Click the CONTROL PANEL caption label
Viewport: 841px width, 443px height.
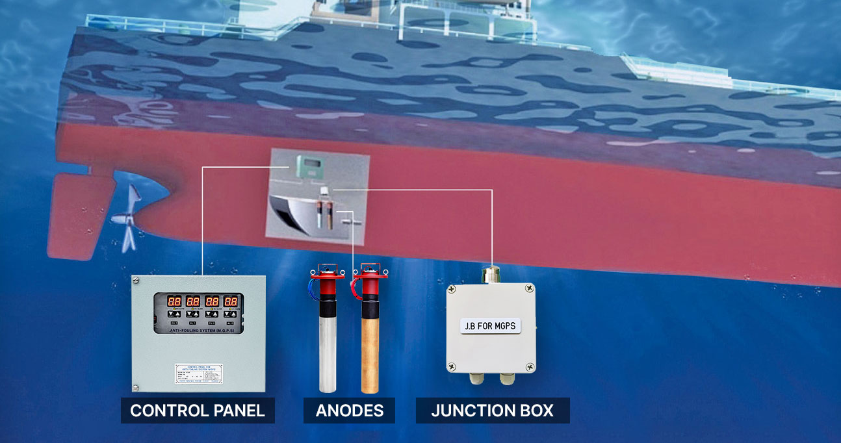[x=198, y=411]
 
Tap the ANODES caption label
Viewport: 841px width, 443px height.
[x=349, y=411]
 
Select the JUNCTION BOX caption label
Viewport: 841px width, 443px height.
[x=493, y=411]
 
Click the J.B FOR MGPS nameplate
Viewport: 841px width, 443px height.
[x=491, y=325]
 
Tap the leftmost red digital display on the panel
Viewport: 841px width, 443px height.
[x=174, y=302]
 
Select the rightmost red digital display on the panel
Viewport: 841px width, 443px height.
[x=231, y=302]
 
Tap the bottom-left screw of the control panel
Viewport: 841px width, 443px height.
[x=136, y=388]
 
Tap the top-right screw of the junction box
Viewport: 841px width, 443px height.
[x=531, y=286]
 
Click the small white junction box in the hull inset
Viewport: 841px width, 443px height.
[x=324, y=190]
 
